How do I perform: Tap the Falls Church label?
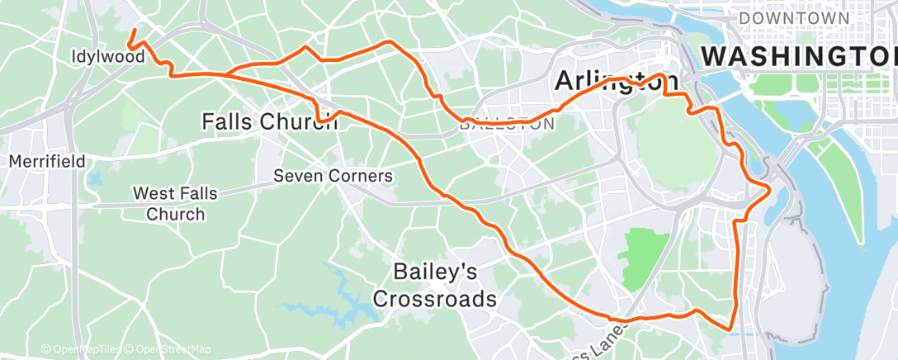(269, 121)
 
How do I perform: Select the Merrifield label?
(47, 162)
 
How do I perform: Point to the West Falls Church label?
(175, 204)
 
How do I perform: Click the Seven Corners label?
(333, 176)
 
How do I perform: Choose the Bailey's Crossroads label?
(434, 284)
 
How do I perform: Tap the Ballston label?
(506, 125)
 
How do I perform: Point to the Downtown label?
(793, 17)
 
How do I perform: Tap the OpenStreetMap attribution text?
(168, 349)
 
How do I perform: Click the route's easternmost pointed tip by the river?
(770, 190)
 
